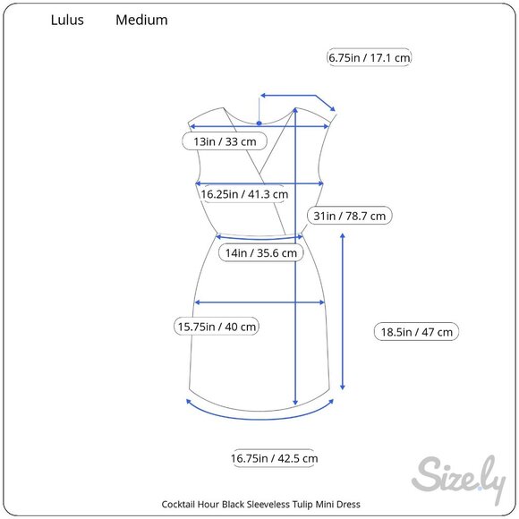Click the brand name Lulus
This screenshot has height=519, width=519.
tap(67, 20)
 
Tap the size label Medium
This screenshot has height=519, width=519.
tap(141, 20)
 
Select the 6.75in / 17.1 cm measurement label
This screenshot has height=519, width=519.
tap(369, 57)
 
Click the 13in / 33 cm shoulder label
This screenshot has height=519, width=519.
tap(225, 141)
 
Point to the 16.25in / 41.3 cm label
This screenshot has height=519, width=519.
tap(244, 194)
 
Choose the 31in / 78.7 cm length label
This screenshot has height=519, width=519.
tap(350, 216)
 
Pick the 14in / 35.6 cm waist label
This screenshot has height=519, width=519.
tap(261, 253)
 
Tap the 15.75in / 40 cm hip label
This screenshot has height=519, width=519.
tap(217, 327)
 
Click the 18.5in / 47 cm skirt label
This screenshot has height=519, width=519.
tap(416, 332)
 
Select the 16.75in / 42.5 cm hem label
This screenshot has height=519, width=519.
tap(275, 458)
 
